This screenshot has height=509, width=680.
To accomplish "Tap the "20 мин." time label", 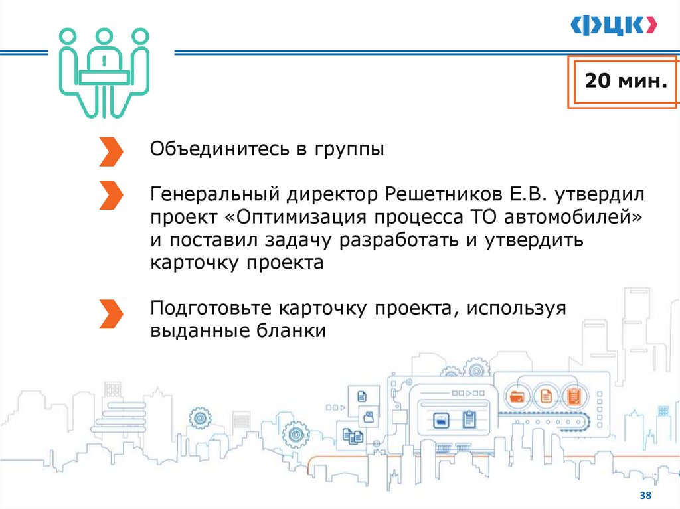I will [624, 82].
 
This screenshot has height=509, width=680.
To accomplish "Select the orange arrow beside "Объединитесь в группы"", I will [111, 151].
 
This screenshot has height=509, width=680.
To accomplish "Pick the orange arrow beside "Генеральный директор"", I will [111, 196].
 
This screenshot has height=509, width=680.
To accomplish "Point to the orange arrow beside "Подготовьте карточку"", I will [111, 313].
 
